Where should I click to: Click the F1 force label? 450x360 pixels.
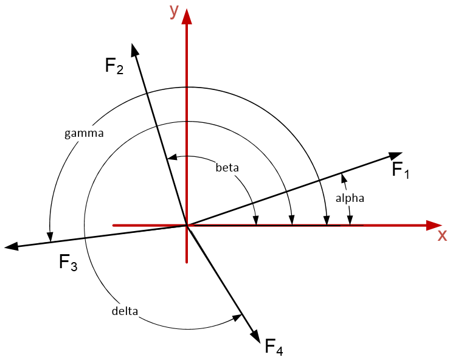point(401,170)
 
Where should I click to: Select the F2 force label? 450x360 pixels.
point(114,66)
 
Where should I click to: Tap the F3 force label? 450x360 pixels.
point(67,263)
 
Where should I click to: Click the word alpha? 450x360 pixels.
point(350,198)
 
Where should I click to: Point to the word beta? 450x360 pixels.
point(227,167)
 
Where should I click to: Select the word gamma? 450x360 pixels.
point(84,133)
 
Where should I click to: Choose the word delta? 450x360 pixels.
point(125,311)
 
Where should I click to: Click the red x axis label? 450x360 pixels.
point(442,236)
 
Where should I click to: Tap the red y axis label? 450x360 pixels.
point(174,11)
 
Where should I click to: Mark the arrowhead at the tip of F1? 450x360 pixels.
point(396,156)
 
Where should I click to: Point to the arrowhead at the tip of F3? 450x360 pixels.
point(12,246)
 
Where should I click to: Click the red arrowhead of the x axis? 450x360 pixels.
point(434,225)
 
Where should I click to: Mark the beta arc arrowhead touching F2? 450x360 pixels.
point(172,157)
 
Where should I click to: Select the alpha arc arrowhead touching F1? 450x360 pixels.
point(343,178)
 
